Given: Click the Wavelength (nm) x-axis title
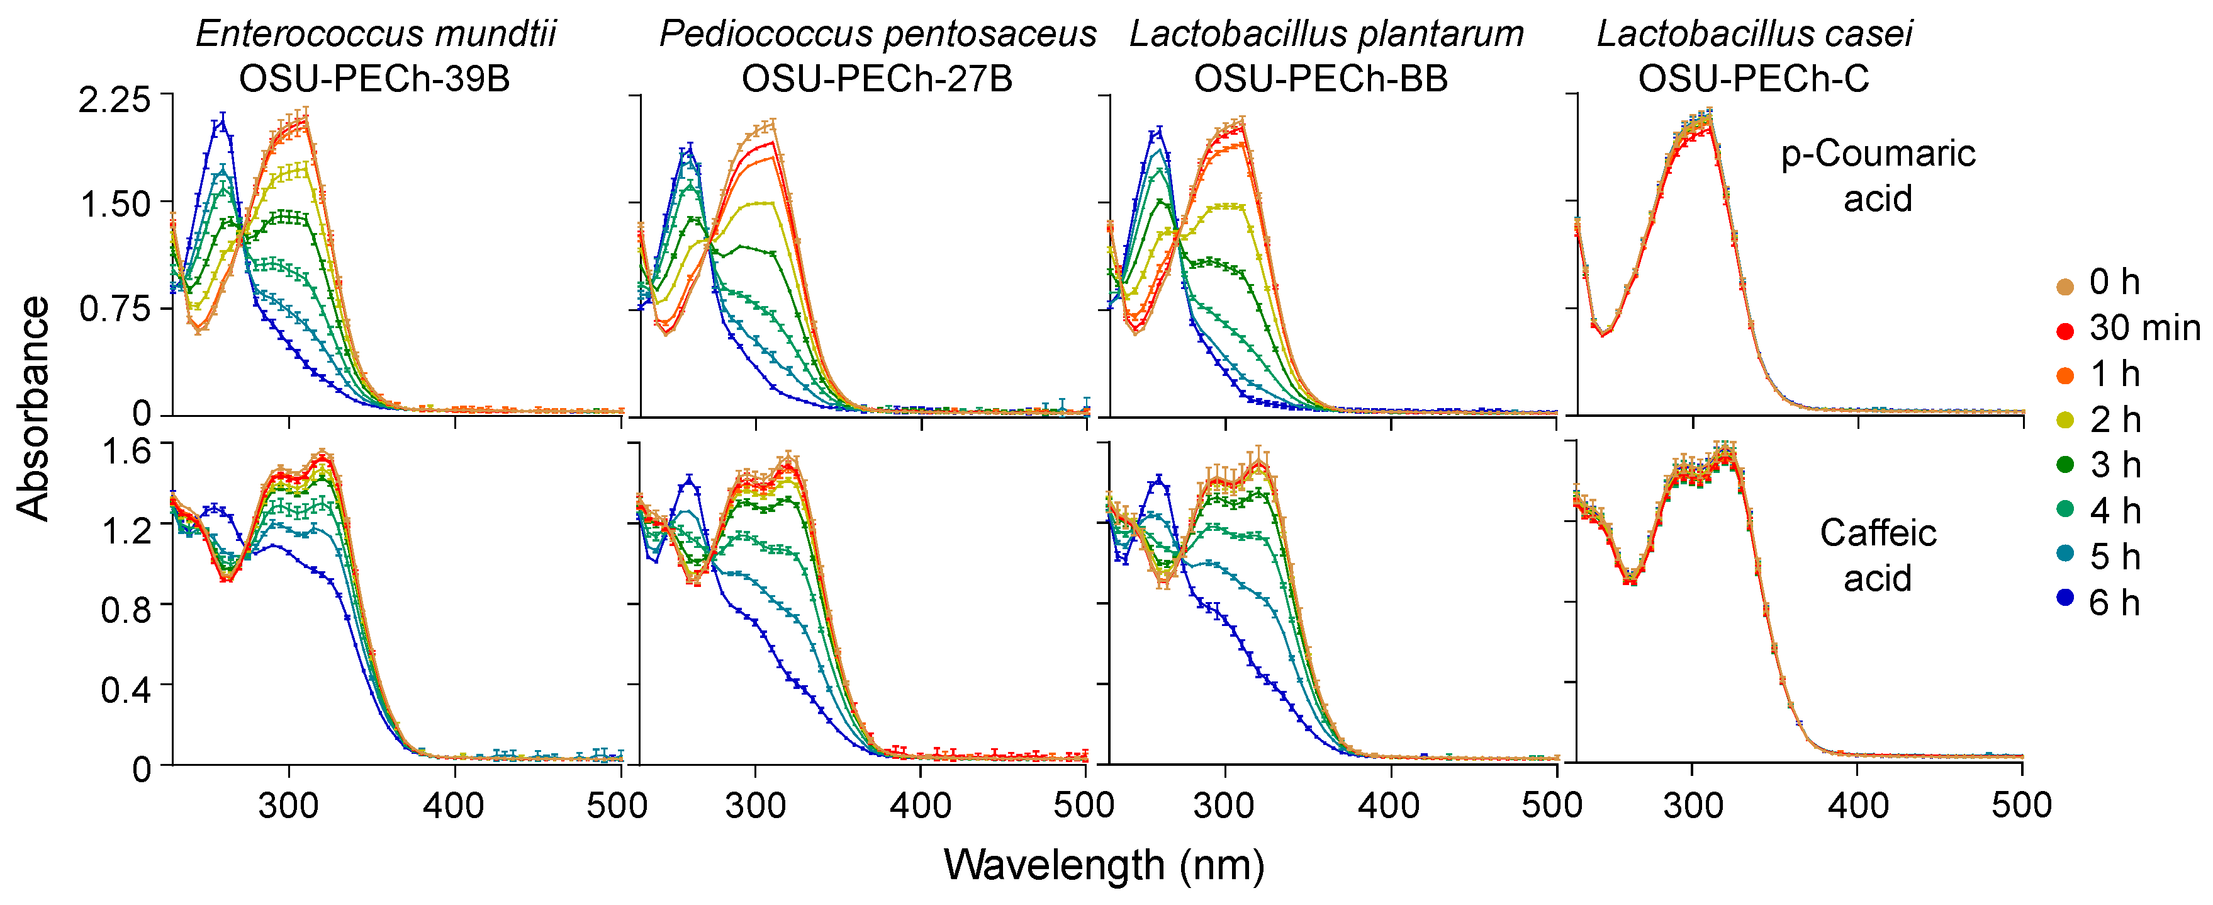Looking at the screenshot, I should coord(1103,865).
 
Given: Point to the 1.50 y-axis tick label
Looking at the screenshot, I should coord(115,205).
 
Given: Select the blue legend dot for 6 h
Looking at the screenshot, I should coord(2065,597).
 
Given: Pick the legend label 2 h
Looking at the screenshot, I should coord(2114,419).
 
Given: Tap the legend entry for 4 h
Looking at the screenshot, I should coord(2114,511).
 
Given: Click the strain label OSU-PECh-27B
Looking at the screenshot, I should coord(877,79).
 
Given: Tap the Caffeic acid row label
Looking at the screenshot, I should coord(1878,555).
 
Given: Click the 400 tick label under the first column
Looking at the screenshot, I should coord(454,806).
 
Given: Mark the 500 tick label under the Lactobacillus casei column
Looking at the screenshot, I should coord(2022,806).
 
